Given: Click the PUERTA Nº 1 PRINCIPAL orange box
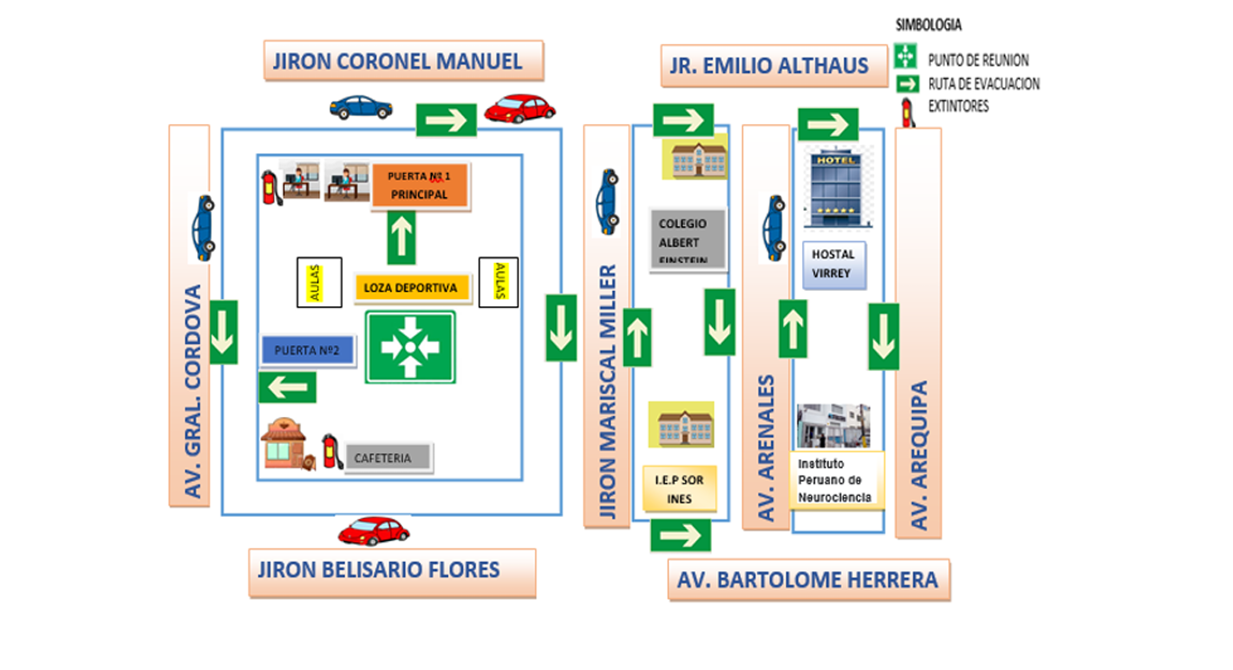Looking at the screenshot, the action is [x=420, y=186].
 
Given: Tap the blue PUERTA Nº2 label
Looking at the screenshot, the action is [x=307, y=350].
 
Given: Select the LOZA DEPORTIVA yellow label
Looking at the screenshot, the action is [x=412, y=287].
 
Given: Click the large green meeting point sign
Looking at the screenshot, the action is [x=410, y=347].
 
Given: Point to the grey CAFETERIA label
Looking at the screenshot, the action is [x=388, y=457].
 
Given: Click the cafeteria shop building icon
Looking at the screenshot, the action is [x=288, y=445].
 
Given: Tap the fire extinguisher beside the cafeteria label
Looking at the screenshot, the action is [x=332, y=451].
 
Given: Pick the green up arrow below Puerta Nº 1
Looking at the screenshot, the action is [x=401, y=238].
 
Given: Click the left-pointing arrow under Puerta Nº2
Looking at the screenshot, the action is [x=288, y=387].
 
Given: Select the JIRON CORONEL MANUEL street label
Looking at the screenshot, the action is [x=404, y=61].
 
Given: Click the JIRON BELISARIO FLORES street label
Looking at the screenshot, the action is [x=392, y=572].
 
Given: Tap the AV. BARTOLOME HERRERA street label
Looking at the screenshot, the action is [x=808, y=580].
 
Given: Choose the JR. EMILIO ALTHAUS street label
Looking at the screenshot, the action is [x=774, y=66].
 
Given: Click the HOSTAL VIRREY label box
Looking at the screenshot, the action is [x=834, y=265].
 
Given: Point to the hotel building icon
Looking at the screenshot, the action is [x=836, y=187].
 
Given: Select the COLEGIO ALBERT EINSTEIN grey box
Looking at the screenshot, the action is [x=688, y=240].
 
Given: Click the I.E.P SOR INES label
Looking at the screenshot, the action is [x=680, y=489].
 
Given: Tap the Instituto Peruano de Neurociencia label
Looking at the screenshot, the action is [x=836, y=480].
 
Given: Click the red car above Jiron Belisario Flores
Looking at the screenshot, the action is [x=374, y=530].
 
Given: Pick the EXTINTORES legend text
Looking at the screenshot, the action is [x=958, y=106].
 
